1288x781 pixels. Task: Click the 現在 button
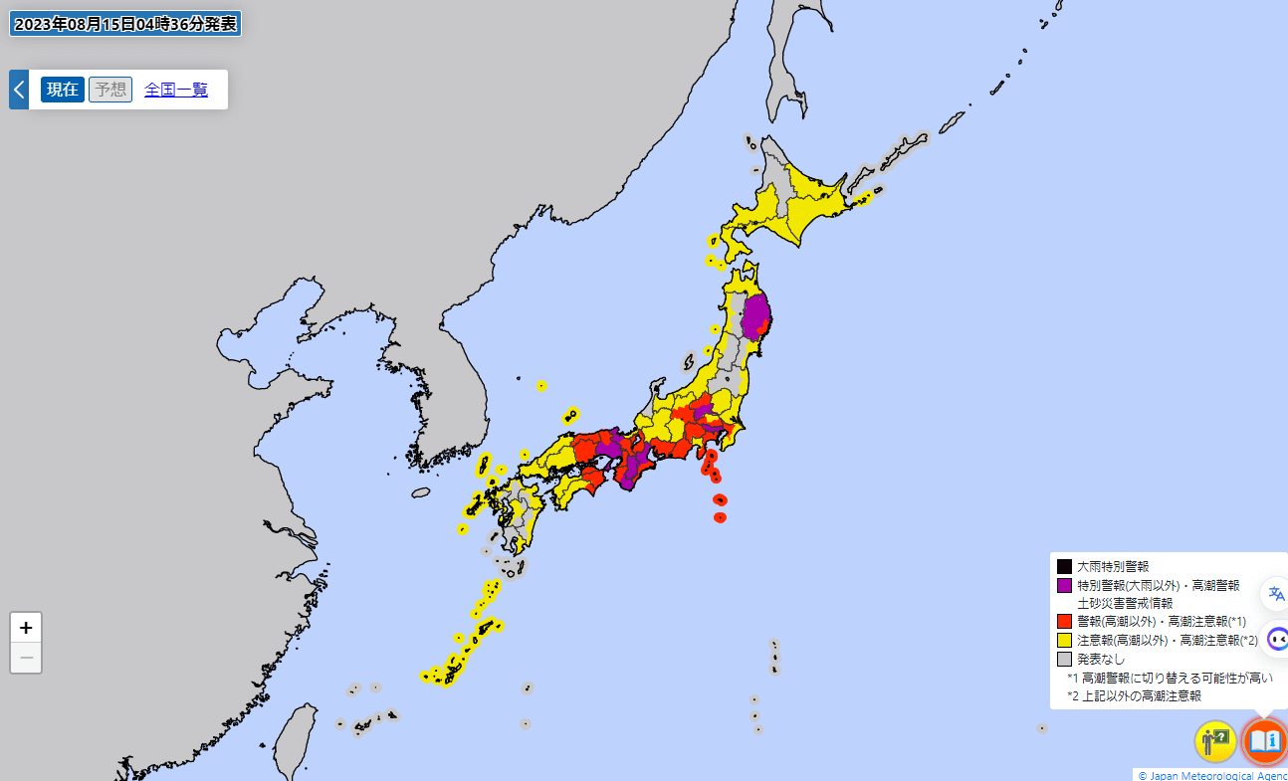click(x=63, y=90)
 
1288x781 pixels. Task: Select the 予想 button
click(x=110, y=90)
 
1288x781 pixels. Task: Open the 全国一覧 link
click(x=176, y=90)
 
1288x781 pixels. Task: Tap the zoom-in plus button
click(x=26, y=628)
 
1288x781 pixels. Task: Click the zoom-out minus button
click(x=26, y=658)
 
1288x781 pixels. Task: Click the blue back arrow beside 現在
click(x=18, y=90)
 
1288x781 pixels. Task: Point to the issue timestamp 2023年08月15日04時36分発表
click(x=124, y=24)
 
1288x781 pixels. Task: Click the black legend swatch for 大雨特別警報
click(x=1064, y=566)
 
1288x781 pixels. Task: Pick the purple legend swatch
click(x=1064, y=585)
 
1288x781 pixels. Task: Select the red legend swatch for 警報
click(x=1064, y=621)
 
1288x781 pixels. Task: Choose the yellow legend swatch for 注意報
click(x=1064, y=640)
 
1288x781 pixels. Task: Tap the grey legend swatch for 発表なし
click(x=1064, y=659)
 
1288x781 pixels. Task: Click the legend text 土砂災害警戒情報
click(x=1125, y=603)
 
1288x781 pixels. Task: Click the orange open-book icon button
click(x=1264, y=741)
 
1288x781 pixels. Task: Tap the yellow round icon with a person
click(x=1215, y=741)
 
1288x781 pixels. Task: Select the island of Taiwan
click(x=294, y=741)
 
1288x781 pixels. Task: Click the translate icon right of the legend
click(x=1276, y=594)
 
